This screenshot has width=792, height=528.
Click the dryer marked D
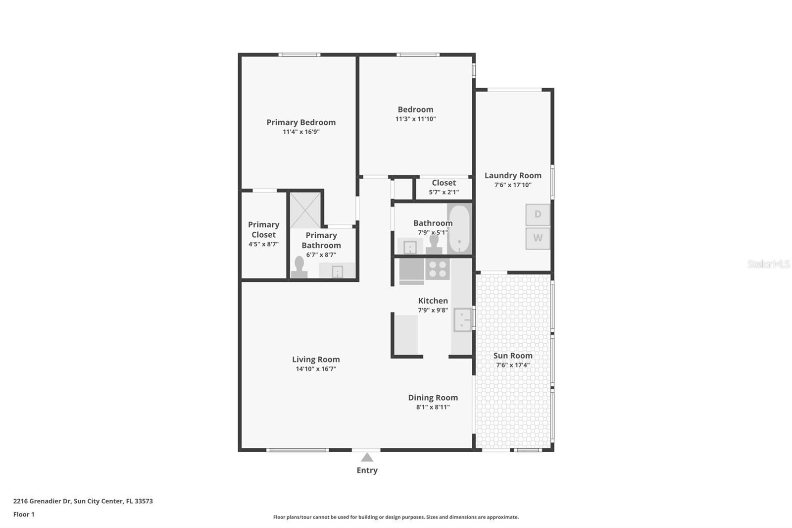538,214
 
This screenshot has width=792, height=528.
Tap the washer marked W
538,238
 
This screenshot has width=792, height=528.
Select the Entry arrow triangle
367,458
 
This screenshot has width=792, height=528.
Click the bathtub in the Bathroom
459,229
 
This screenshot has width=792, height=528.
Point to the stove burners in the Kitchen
437,269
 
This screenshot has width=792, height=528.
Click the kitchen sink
462,320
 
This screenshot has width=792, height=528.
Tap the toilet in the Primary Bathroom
299,267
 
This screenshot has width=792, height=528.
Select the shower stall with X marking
305,210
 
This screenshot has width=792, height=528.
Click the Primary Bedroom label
301,122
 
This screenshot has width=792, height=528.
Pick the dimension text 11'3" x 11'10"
415,119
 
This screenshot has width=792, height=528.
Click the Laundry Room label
513,175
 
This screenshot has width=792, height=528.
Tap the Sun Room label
513,356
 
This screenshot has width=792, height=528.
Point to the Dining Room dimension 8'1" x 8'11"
433,407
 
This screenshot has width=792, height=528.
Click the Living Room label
316,360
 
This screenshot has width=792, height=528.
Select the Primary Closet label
263,230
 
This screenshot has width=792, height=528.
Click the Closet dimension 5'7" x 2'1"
444,192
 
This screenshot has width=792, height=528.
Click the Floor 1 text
24,515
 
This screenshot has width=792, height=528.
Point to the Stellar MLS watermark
768,264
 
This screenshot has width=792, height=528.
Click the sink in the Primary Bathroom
337,271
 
